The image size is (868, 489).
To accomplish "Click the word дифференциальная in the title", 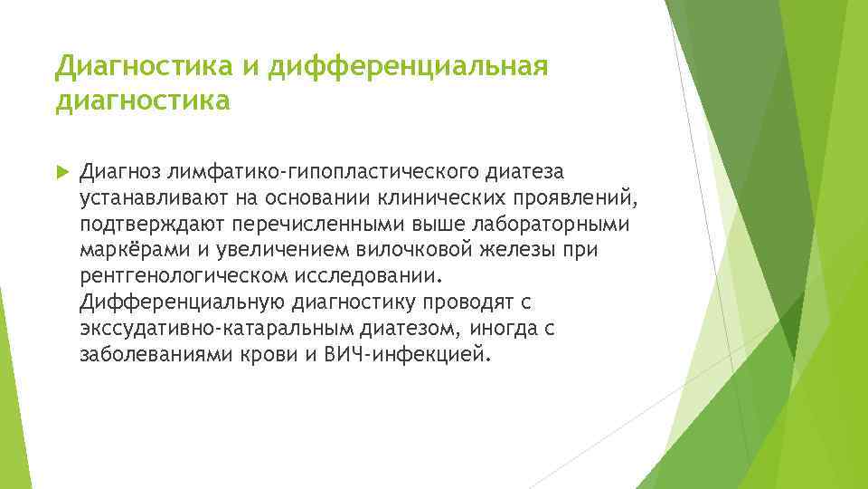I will pos(410,66).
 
